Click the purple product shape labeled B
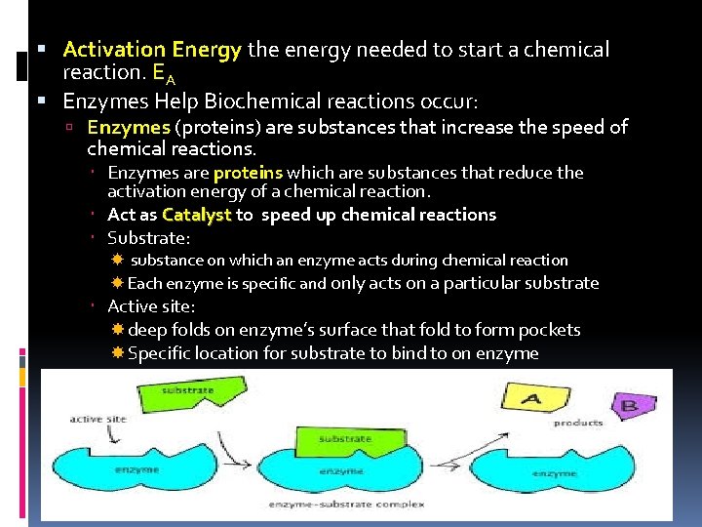630,405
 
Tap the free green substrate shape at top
189,395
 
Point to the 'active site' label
98,419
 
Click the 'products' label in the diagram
577,423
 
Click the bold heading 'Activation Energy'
152,49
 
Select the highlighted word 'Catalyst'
197,215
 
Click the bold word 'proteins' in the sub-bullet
248,173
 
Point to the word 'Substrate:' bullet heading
148,237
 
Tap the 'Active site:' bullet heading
151,306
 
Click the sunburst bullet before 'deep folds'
117,330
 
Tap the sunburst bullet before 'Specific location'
117,353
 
